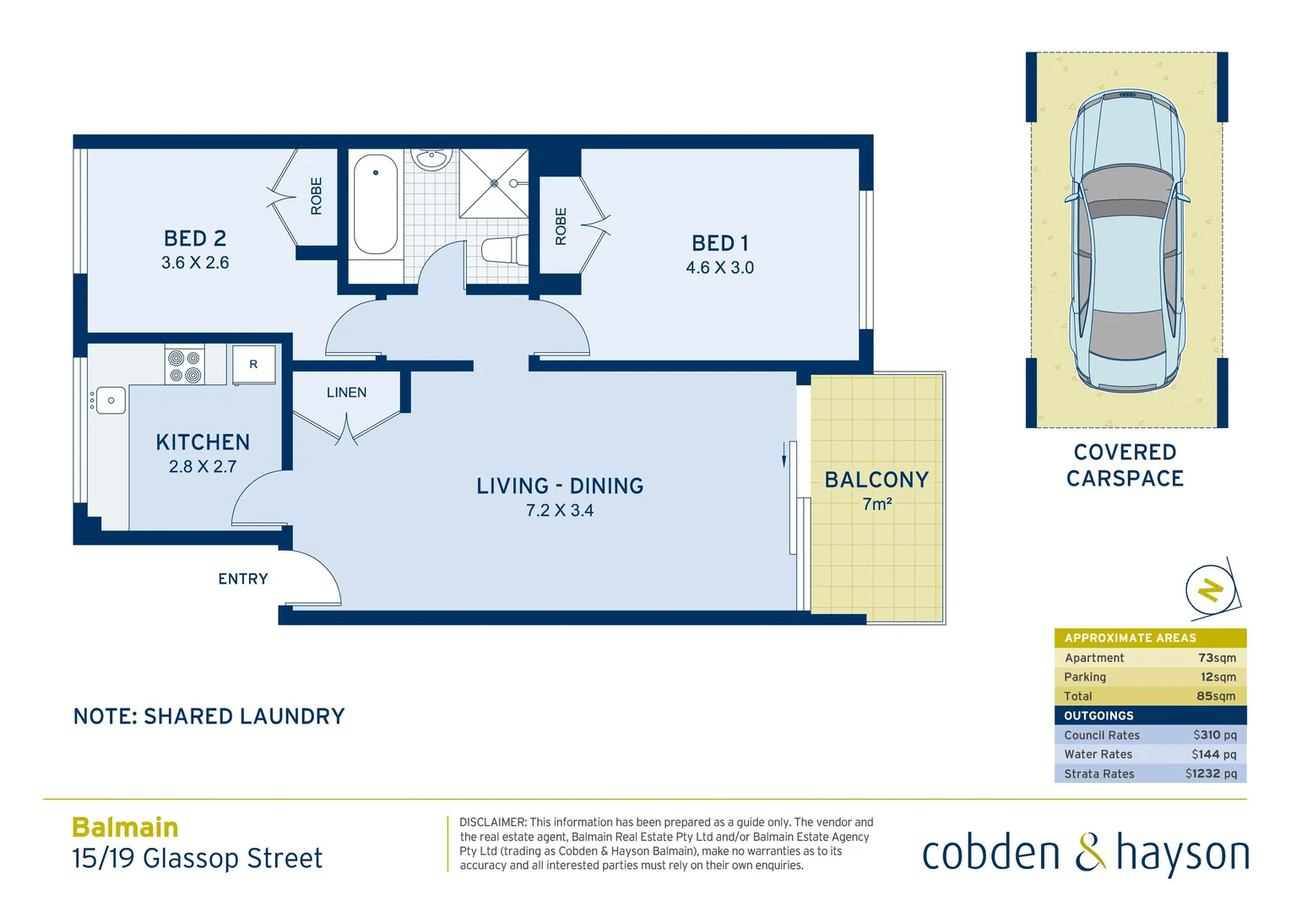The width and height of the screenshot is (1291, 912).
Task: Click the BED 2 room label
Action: tap(195, 239)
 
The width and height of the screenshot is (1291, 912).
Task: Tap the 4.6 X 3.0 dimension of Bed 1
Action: tap(719, 268)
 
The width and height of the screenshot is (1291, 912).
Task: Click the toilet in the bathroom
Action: tap(503, 251)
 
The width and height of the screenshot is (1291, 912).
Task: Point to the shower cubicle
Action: tap(494, 183)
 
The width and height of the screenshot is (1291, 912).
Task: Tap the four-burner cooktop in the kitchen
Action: tap(185, 366)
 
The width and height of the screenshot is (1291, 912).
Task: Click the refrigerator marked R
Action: tap(253, 365)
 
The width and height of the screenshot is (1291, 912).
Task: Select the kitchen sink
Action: tap(111, 400)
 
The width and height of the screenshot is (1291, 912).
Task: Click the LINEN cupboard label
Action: tap(346, 393)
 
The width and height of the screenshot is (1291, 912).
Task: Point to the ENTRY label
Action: tap(243, 579)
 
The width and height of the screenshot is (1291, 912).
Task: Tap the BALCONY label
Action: tap(876, 480)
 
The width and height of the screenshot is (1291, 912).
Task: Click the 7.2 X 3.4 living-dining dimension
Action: tap(560, 511)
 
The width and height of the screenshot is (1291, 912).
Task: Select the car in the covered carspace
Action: tap(1126, 241)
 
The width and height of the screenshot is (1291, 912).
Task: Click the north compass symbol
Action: tap(1212, 589)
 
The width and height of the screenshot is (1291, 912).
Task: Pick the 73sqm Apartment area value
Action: tap(1217, 658)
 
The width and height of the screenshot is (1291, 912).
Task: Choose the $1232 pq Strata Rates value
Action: tap(1211, 774)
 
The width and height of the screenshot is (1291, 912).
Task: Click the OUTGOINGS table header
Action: tap(1098, 715)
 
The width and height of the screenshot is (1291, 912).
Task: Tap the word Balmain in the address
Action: tap(125, 828)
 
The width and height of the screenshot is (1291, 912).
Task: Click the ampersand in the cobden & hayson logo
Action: tap(1089, 852)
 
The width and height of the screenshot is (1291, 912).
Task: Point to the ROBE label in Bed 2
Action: tap(317, 196)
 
